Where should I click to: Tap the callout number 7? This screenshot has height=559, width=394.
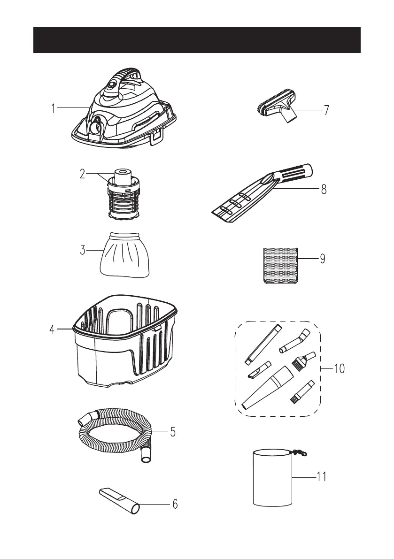pos(326,110)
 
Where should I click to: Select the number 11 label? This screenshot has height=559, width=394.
pos(321,477)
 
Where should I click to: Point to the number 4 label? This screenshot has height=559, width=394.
pos(53,329)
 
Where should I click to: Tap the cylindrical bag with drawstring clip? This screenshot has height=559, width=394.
pos(272,477)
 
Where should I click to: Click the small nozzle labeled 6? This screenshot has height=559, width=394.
pos(120,500)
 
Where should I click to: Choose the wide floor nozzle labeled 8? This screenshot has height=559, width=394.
pos(254,197)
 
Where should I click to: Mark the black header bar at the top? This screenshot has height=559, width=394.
pos(197,40)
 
